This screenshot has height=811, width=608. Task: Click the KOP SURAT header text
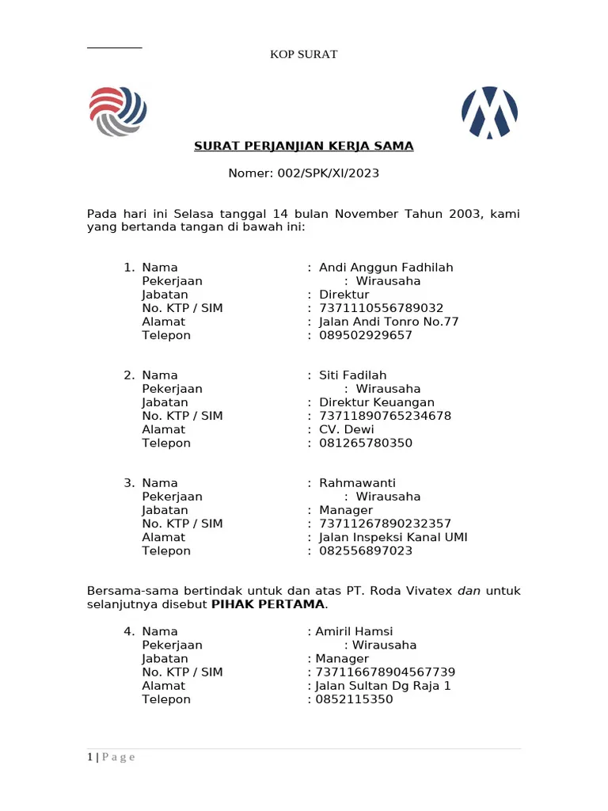click(304, 55)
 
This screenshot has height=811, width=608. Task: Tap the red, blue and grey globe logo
click(118, 112)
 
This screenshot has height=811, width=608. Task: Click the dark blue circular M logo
click(489, 112)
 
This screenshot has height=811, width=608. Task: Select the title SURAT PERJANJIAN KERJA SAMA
click(304, 147)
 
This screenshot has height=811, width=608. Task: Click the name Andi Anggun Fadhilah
click(386, 268)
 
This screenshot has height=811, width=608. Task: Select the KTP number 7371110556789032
click(381, 308)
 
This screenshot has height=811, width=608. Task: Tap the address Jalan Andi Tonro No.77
click(388, 322)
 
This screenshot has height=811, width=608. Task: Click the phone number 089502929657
click(365, 335)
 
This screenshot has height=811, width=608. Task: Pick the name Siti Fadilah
click(352, 375)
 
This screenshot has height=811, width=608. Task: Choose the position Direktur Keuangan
click(376, 402)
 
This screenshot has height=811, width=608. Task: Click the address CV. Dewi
click(346, 429)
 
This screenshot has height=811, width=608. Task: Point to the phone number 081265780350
click(365, 443)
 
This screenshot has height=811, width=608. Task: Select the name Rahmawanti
click(357, 483)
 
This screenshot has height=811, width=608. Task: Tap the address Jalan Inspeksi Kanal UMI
click(393, 537)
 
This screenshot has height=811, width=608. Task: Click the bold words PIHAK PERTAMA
click(268, 605)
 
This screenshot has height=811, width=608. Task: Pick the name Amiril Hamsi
click(354, 632)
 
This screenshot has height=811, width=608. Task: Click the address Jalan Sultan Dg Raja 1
click(382, 686)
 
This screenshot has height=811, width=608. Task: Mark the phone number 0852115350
click(354, 699)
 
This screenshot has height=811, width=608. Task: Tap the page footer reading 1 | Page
click(111, 757)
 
